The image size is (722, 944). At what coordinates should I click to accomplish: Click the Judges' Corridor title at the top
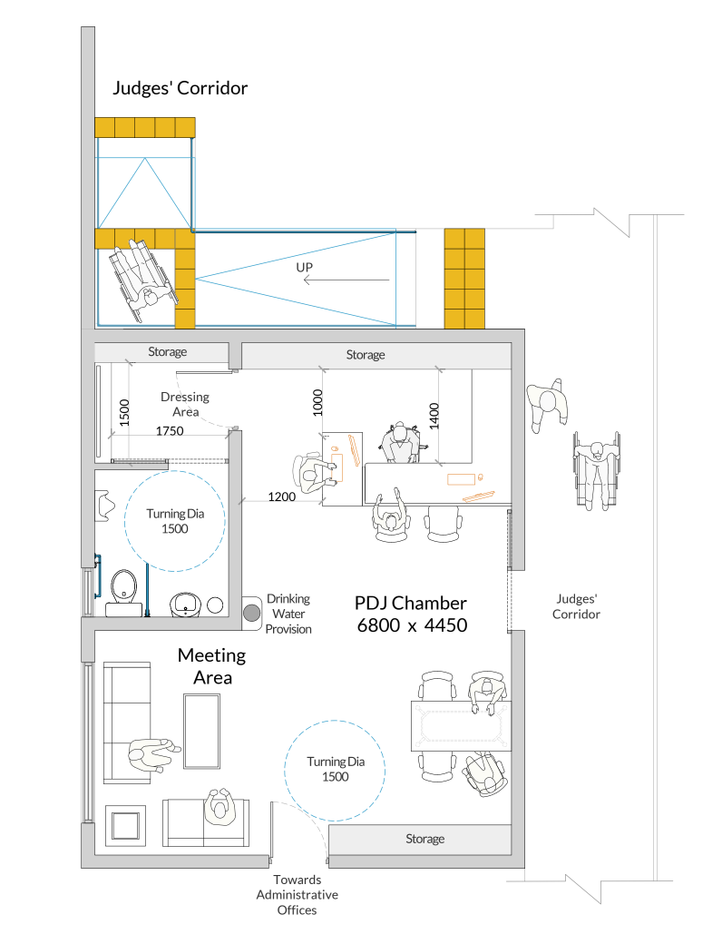(x=180, y=88)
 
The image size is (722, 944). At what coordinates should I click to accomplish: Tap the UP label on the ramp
(x=305, y=267)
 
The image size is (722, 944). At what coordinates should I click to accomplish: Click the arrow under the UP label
(x=346, y=280)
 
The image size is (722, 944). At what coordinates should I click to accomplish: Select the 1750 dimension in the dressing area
(x=170, y=431)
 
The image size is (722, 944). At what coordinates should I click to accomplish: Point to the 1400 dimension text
(x=434, y=416)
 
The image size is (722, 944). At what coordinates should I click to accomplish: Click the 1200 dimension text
(x=281, y=497)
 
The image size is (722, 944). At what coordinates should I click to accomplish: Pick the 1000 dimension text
(x=318, y=403)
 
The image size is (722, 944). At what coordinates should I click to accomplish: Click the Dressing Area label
(x=185, y=404)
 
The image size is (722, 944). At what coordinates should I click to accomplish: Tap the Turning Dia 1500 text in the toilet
(x=175, y=521)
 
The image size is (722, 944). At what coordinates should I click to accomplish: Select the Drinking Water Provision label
(x=288, y=614)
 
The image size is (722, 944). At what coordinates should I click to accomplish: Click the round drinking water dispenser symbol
(x=252, y=613)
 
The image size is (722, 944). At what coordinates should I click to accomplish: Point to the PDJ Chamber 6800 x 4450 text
(x=412, y=615)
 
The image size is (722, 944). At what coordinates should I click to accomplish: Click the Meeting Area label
(x=211, y=666)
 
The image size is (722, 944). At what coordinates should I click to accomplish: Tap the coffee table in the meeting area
(x=201, y=731)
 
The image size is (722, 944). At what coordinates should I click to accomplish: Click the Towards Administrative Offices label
(x=298, y=895)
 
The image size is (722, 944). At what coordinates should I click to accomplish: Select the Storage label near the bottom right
(x=424, y=839)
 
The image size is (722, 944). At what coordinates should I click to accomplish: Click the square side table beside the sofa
(x=126, y=825)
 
